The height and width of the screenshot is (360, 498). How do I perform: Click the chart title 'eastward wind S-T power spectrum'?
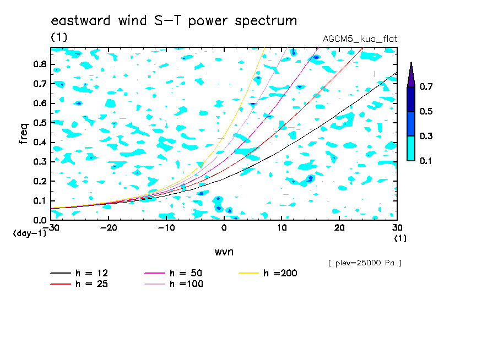[x=174, y=20]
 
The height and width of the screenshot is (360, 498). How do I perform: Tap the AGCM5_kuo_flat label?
[x=360, y=39]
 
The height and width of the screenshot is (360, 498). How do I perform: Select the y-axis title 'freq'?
[x=24, y=134]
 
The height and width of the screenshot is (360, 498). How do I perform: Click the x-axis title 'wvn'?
[x=224, y=252]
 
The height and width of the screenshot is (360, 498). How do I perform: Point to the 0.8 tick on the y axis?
[x=40, y=64]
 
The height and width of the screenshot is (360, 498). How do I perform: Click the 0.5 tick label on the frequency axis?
[x=40, y=123]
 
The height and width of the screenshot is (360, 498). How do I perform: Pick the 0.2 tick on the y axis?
[x=40, y=181]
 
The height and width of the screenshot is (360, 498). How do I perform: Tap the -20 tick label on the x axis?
[x=109, y=228]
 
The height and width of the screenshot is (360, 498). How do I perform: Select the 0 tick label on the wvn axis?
[x=224, y=228]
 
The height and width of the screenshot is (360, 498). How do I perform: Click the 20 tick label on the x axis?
[x=339, y=228]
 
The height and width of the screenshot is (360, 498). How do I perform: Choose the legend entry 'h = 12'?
[x=79, y=273]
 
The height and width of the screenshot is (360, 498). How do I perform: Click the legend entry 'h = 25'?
[x=79, y=283]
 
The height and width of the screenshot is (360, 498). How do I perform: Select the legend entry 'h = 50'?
[x=174, y=273]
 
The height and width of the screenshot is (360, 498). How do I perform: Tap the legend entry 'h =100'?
[x=174, y=283]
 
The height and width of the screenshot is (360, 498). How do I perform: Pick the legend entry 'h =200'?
[x=268, y=273]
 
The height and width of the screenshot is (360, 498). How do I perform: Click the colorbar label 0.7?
[x=426, y=86]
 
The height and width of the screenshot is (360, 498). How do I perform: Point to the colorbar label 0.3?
[x=426, y=136]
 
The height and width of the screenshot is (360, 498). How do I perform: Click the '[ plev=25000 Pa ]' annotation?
[x=365, y=263]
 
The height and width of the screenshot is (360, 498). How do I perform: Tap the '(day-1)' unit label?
[x=29, y=233]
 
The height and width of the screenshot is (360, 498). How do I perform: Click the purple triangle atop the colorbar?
[x=411, y=76]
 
